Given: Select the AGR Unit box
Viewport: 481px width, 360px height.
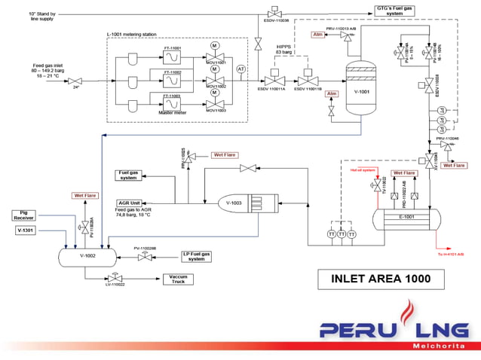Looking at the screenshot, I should (x=130, y=203).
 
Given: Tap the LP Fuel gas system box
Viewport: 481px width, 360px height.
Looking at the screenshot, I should (x=197, y=257).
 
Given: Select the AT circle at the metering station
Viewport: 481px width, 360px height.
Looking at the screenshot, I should (x=241, y=69).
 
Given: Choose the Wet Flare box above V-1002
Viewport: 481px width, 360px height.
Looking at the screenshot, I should (x=85, y=196).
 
